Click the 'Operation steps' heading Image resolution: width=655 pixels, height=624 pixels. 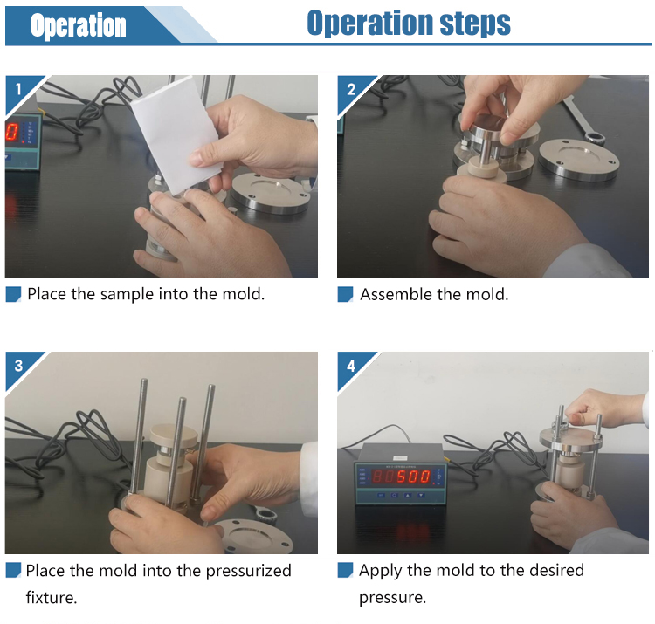pyautogui.click(x=409, y=23)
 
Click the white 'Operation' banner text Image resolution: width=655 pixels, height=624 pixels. pyautogui.click(x=78, y=25)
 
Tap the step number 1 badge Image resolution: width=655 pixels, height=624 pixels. pyautogui.click(x=18, y=89)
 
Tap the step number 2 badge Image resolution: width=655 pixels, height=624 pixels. pyautogui.click(x=351, y=89)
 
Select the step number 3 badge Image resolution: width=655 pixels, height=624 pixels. pyautogui.click(x=18, y=366)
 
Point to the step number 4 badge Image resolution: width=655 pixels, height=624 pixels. pyautogui.click(x=351, y=366)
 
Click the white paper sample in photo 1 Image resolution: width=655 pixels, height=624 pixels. pyautogui.click(x=176, y=134)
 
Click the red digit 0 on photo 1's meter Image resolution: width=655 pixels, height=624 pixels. pyautogui.click(x=11, y=132)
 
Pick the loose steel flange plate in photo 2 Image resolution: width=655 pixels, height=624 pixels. pyautogui.click(x=579, y=160)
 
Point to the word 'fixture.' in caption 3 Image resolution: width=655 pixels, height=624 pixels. pyautogui.click(x=52, y=597)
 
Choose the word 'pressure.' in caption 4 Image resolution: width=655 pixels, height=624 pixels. pyautogui.click(x=393, y=598)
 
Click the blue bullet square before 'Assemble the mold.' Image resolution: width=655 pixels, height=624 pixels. pyautogui.click(x=345, y=294)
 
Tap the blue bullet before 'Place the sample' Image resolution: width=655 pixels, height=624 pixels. pyautogui.click(x=13, y=294)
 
